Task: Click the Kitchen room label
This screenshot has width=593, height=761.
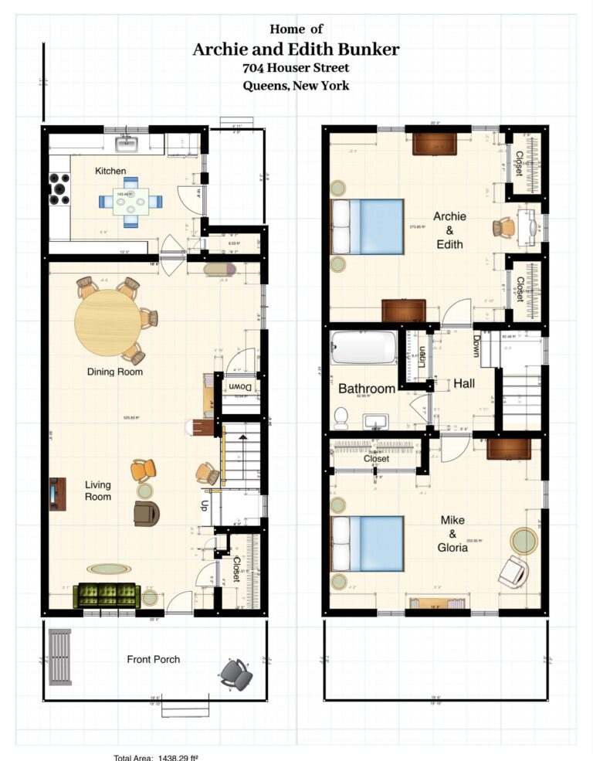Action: coord(110,170)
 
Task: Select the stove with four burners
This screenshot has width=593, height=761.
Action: coord(59,189)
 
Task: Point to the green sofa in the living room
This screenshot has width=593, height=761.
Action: coord(107,595)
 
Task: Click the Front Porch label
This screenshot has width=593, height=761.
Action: coord(154,659)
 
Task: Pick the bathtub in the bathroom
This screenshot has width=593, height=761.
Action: coord(363,348)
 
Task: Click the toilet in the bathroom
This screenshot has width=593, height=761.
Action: coord(340,418)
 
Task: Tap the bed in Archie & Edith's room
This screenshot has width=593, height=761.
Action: coord(368,227)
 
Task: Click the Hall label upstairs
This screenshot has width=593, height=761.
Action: coord(464,383)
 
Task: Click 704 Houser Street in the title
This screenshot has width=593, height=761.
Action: coord(296,68)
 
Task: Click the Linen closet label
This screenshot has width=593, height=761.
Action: coord(423,356)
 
